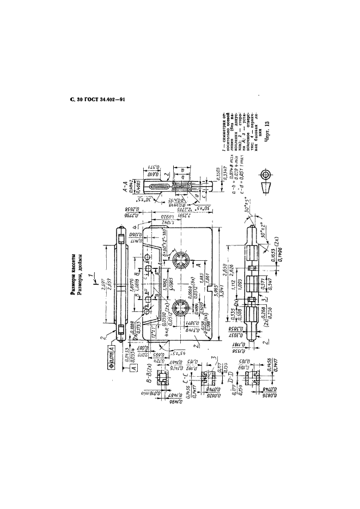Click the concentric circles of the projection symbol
[265, 175]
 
